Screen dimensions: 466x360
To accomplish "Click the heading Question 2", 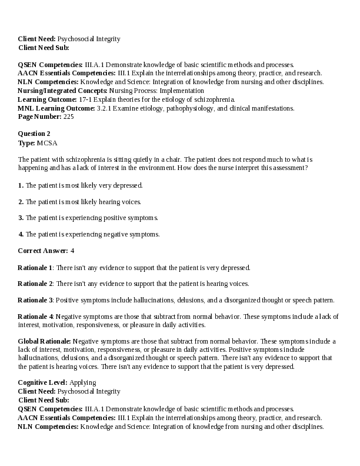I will (x=34, y=134).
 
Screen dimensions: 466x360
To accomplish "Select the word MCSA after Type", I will (x=47, y=142).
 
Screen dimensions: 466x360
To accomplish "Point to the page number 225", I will (x=68, y=117).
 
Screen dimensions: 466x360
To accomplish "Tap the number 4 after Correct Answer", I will (x=72, y=251).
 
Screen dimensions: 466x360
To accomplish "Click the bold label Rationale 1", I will (x=35, y=267).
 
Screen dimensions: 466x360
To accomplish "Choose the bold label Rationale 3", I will (x=35, y=300).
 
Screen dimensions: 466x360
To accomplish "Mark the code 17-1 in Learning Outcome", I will (x=85, y=99).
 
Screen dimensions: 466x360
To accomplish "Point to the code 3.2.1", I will (x=105, y=108).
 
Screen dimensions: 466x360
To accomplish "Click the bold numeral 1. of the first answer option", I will (x=21, y=185).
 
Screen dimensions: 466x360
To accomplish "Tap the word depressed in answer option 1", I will (x=129, y=185).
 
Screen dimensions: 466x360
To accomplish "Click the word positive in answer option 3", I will (x=115, y=218).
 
